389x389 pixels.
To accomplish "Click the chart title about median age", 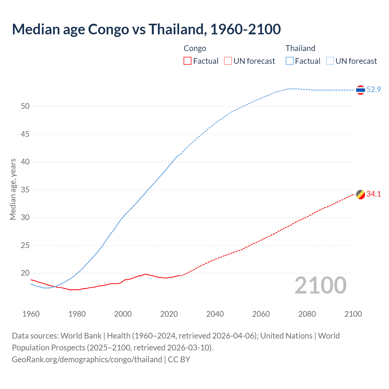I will tap(146, 29).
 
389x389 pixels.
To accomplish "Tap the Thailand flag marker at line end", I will tap(360, 90).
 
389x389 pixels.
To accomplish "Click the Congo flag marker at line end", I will tap(360, 194).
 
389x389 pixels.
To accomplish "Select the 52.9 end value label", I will tap(374, 89).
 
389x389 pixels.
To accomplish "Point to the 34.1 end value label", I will tap(374, 194).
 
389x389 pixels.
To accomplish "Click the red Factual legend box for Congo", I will tap(188, 61).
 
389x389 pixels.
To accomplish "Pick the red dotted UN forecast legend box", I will tap(228, 61).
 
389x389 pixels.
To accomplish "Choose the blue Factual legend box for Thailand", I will tap(290, 61).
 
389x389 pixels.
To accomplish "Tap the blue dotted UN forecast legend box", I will tap(330, 61).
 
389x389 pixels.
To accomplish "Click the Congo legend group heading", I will tap(195, 48).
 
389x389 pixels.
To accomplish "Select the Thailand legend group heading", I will tap(300, 48).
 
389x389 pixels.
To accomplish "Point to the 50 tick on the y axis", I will tap(25, 106).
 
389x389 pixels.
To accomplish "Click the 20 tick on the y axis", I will tap(25, 273).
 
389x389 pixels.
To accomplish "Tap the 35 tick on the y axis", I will tap(25, 190).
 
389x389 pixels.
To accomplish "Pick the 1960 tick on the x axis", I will tap(31, 314).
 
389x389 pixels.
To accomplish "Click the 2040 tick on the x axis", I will tap(215, 314).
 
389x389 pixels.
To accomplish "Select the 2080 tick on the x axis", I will tap(307, 314).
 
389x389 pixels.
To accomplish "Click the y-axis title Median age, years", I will tap(13, 189).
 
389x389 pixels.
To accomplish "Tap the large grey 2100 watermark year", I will tap(320, 285).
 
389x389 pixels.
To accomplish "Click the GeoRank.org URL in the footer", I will tap(87, 360).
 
